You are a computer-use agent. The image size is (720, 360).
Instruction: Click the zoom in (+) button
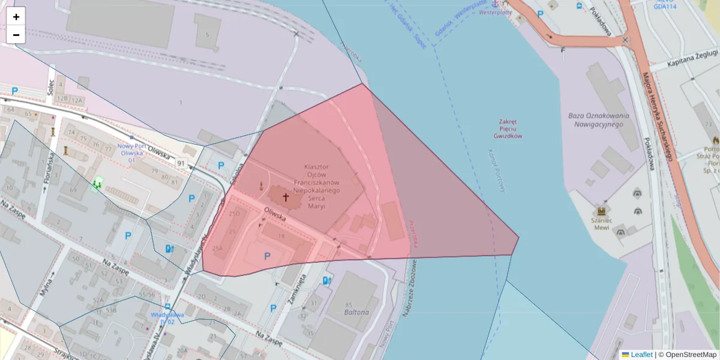(16, 17)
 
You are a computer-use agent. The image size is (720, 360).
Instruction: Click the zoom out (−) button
(16, 35)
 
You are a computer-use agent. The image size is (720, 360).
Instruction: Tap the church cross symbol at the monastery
(286, 197)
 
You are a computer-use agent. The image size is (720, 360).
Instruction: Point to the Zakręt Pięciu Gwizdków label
(508, 128)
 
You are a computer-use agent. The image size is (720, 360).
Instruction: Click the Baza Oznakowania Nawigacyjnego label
(598, 119)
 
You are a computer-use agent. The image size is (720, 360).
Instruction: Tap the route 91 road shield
(181, 163)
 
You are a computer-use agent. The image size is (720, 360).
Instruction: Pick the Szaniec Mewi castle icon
(600, 211)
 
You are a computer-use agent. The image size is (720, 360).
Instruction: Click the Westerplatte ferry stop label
(495, 12)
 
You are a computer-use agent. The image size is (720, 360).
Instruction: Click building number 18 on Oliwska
(281, 236)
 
